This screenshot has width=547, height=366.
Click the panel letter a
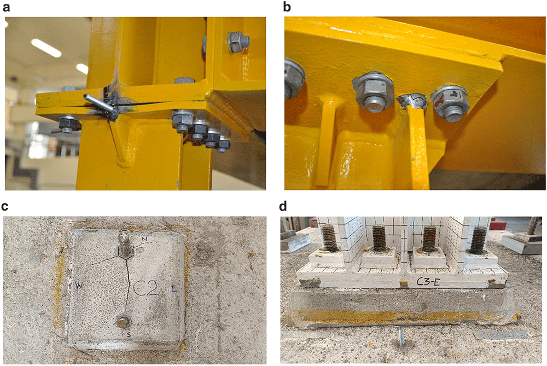[x=6, y=7]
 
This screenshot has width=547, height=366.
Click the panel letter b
[x=287, y=7]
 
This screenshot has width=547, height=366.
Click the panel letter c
[x=4, y=206]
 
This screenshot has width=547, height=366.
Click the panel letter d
[x=283, y=206]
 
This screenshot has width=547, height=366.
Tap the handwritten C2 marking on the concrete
[x=147, y=288]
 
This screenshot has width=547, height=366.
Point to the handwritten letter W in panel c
[x=79, y=286]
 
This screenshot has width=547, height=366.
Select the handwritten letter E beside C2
[x=174, y=288]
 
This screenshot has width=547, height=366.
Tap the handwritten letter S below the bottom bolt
[x=129, y=335]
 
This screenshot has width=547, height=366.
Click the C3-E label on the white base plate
[x=428, y=282]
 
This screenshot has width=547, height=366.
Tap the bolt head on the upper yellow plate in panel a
[x=238, y=42]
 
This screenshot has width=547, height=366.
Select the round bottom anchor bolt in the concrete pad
[x=123, y=322]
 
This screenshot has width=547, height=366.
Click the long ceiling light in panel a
[x=46, y=48]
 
